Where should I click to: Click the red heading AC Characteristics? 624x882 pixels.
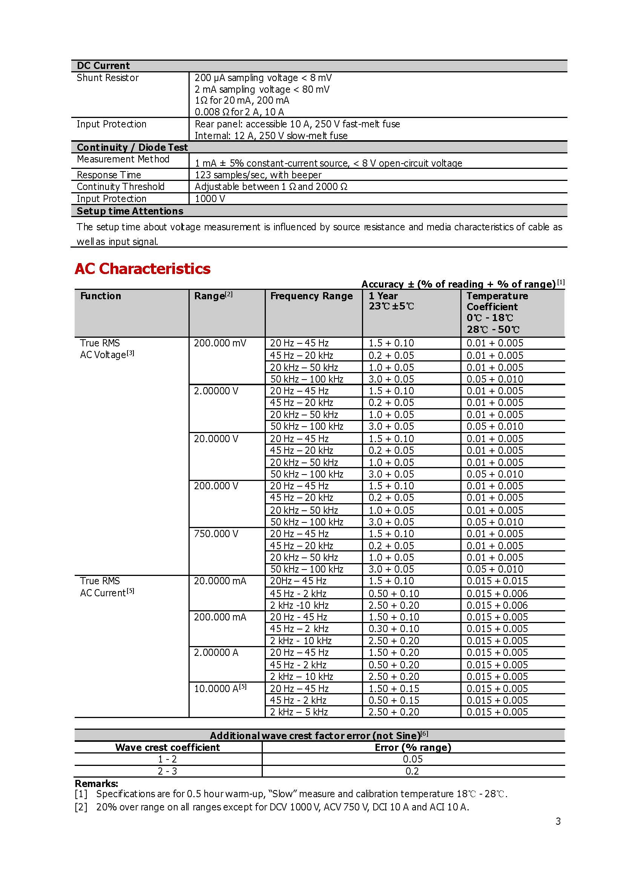(x=143, y=268)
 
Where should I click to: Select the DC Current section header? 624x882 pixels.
(x=103, y=66)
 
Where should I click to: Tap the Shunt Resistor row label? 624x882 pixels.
(x=107, y=78)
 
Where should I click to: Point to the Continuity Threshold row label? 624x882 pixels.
(x=121, y=187)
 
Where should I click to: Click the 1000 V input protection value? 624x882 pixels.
(x=210, y=199)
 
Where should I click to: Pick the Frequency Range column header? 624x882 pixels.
(x=311, y=296)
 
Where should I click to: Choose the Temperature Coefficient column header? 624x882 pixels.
(x=497, y=301)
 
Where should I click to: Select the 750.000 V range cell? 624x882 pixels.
(x=216, y=534)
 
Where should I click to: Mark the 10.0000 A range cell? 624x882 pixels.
(x=220, y=688)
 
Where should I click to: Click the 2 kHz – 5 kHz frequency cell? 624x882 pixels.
(x=299, y=712)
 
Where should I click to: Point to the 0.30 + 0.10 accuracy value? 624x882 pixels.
(x=394, y=628)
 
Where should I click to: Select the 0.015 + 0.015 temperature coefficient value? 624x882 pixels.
(x=497, y=581)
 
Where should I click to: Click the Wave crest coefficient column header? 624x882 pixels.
(x=167, y=747)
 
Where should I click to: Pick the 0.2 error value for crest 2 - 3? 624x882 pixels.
(x=412, y=771)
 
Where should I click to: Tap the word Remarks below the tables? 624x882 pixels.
(x=97, y=784)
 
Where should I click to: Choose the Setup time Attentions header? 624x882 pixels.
(x=130, y=211)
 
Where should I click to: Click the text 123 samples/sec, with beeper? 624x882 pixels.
(x=258, y=175)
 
